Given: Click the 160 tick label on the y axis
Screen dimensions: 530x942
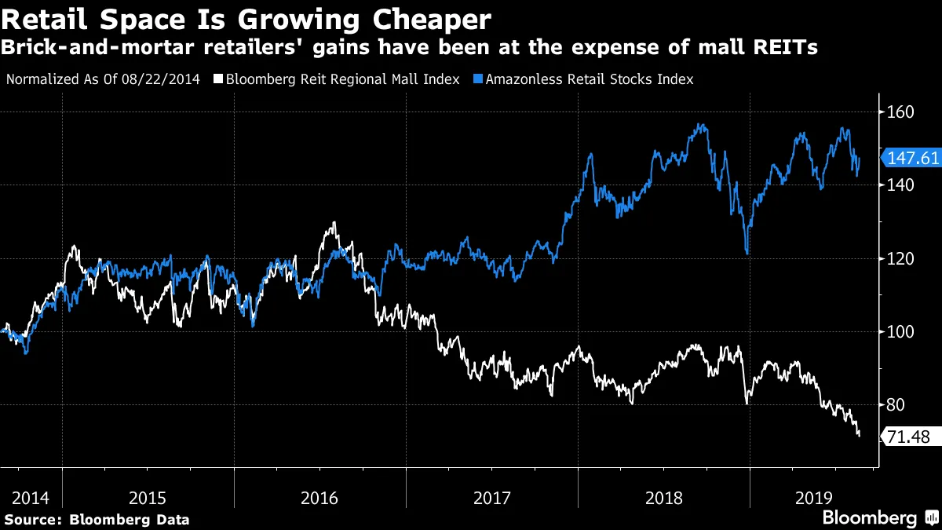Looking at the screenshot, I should [x=901, y=112].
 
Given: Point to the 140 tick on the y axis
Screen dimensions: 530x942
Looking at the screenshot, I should [x=901, y=185].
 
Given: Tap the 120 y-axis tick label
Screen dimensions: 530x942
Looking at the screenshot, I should [x=901, y=258].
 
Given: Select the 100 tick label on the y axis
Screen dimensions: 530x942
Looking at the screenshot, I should [x=901, y=331].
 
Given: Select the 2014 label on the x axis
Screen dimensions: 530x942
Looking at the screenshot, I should [x=31, y=498].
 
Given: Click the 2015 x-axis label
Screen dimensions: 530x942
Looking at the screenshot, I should [x=148, y=498].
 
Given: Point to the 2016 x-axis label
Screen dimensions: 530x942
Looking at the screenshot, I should [x=319, y=498].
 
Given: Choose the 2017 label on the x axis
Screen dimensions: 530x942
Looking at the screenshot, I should [x=491, y=498].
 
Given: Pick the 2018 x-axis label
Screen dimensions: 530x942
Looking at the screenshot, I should [x=663, y=498].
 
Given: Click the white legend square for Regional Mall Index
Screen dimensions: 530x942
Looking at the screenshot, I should [x=219, y=79].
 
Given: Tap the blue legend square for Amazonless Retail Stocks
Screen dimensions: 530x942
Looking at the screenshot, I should [x=477, y=79].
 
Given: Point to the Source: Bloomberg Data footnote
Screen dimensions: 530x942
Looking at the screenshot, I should [x=97, y=519].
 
